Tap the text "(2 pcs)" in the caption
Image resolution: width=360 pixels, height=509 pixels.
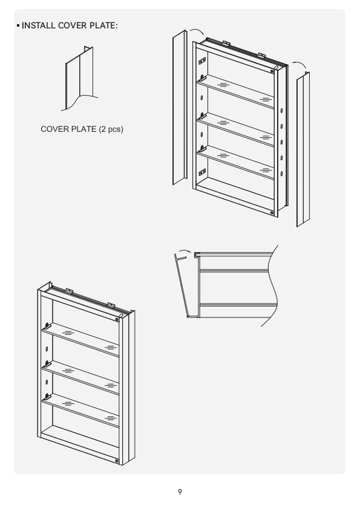(x=111, y=129)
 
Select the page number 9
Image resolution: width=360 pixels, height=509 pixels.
(x=180, y=492)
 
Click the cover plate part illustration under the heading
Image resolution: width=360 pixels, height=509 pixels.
(x=80, y=79)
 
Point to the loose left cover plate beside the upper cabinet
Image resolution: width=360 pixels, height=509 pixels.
(x=180, y=107)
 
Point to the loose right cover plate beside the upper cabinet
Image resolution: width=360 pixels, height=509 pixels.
(x=303, y=149)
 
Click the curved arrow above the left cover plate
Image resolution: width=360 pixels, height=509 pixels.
(x=197, y=31)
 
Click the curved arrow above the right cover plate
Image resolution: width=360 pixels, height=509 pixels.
(x=299, y=64)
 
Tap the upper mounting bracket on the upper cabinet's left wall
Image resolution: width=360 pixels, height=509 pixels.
(x=201, y=60)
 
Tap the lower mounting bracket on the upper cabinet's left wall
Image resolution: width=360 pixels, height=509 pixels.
(x=201, y=172)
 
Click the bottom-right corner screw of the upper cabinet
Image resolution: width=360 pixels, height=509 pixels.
(x=272, y=213)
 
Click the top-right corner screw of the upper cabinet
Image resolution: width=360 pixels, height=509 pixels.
(x=272, y=71)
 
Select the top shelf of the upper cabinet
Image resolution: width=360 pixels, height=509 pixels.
(x=235, y=91)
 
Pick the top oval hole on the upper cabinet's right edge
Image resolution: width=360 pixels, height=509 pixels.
(x=281, y=111)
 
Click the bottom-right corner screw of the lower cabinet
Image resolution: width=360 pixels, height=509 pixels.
(x=117, y=461)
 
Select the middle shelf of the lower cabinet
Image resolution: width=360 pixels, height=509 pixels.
(x=80, y=378)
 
